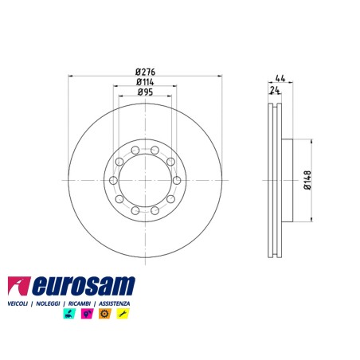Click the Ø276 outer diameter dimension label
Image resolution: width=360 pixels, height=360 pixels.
click(x=145, y=72)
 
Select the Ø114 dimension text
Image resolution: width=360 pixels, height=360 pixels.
click(x=145, y=82)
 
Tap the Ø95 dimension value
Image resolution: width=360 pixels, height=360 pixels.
click(x=145, y=92)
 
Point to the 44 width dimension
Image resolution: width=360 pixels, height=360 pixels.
click(x=280, y=78)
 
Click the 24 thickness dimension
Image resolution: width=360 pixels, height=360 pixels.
click(x=275, y=90)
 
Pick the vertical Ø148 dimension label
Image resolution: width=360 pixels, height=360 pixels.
click(x=307, y=180)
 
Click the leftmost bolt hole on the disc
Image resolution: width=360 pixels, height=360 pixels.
click(x=113, y=180)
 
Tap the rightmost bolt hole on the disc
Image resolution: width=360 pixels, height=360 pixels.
click(x=177, y=180)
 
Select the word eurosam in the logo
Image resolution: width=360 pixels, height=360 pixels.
click(x=84, y=286)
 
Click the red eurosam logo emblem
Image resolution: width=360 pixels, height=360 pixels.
click(x=18, y=286)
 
